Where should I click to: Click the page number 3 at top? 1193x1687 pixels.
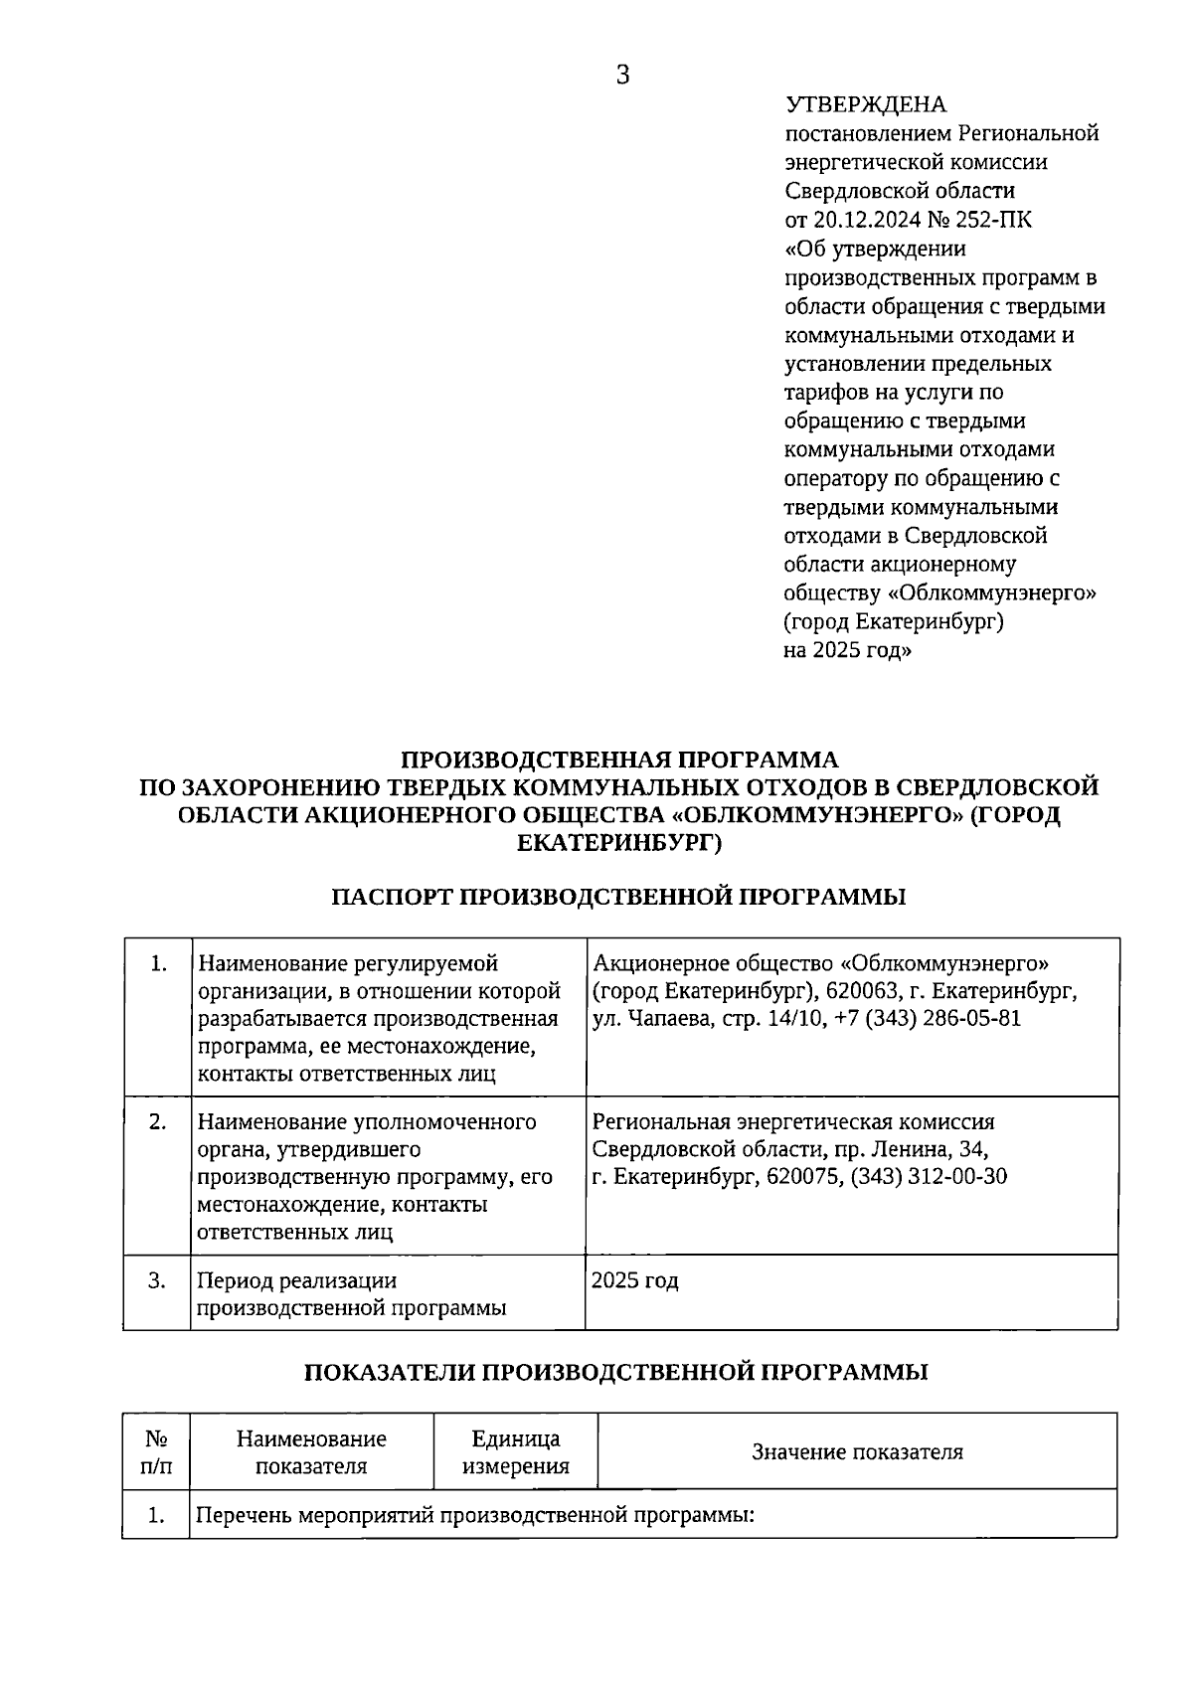[x=623, y=76]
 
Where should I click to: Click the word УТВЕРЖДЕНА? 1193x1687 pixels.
[x=866, y=105]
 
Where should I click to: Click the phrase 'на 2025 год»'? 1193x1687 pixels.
[x=847, y=651]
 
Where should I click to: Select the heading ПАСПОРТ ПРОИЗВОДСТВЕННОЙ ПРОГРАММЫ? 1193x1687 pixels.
[x=618, y=897]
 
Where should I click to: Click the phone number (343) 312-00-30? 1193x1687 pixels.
[x=931, y=1177]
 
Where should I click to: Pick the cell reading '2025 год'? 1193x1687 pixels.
[x=634, y=1280]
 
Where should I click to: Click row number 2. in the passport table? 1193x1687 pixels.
[x=157, y=1121]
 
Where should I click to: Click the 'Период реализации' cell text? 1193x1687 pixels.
[x=296, y=1280]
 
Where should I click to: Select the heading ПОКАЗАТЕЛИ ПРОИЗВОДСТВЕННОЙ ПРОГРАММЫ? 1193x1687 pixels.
[x=615, y=1372]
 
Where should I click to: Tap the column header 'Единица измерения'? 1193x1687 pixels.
[x=515, y=1452]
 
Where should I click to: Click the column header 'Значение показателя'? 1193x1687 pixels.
[x=857, y=1452]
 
